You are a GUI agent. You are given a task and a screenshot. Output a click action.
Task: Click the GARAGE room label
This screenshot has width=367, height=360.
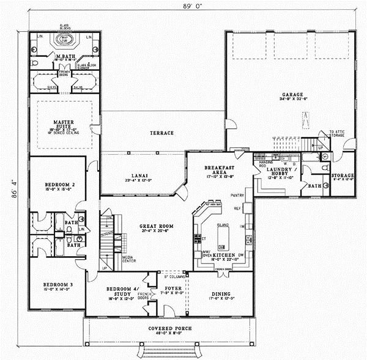292,95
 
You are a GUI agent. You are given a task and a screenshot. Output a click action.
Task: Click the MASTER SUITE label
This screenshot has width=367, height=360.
63,123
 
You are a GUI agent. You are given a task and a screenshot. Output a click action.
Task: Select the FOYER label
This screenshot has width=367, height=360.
166,288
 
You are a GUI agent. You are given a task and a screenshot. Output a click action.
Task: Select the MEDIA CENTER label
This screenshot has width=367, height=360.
130,259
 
